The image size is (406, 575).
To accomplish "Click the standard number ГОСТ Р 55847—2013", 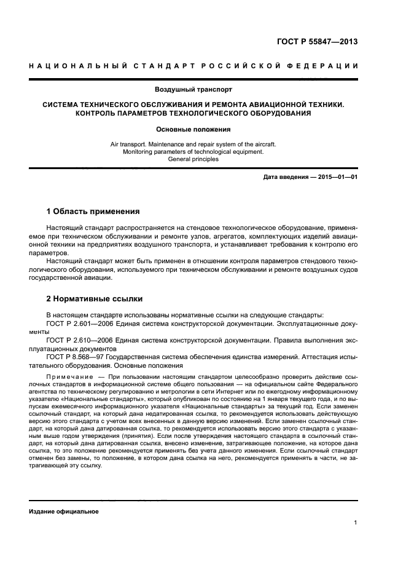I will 318,42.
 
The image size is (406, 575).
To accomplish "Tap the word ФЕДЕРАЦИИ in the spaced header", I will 328,66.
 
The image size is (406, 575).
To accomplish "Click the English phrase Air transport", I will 130,144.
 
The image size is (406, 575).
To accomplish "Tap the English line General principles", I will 193,159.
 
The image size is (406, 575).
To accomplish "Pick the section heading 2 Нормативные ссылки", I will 95,299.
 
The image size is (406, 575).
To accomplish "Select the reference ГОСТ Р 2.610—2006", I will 77,340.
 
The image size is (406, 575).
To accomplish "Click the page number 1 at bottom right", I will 356,523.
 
